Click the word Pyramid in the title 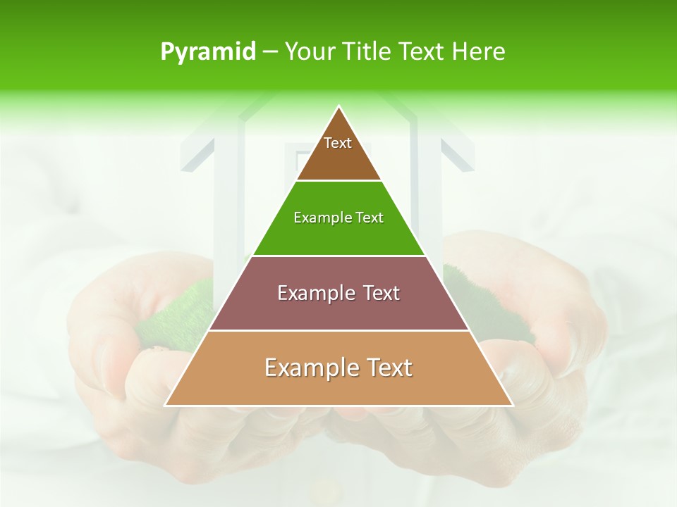(207, 52)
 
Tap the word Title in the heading (367, 51)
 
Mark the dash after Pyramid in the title (270, 52)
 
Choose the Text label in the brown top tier (338, 143)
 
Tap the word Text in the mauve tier (382, 293)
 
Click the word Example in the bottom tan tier (307, 368)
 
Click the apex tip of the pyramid (338, 107)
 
